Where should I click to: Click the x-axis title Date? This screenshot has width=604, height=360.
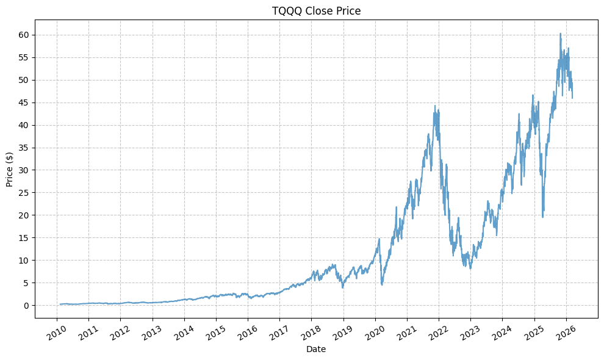[x=316, y=350]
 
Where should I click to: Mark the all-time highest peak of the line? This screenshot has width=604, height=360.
[x=560, y=34]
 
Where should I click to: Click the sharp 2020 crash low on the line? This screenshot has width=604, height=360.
[x=382, y=285]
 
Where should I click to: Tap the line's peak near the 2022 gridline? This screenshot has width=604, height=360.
[x=435, y=106]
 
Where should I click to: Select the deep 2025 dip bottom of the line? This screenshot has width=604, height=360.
[x=543, y=217]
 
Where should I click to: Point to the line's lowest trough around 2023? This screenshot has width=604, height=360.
[x=470, y=269]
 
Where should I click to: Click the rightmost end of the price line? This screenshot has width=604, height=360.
[x=572, y=98]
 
